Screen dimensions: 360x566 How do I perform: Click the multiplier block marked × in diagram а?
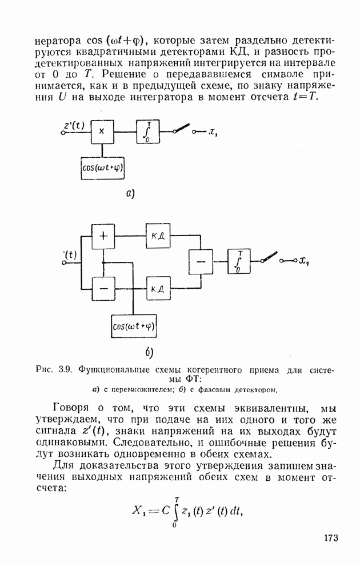pyautogui.click(x=102, y=132)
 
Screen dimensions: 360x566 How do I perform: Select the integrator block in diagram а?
pyautogui.click(x=148, y=132)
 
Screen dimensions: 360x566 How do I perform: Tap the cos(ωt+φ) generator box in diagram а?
pyautogui.click(x=103, y=168)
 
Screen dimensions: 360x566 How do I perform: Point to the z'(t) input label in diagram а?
pyautogui.click(x=74, y=125)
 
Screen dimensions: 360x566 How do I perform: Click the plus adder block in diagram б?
pyautogui.click(x=103, y=237)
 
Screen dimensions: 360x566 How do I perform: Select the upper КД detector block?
pyautogui.click(x=158, y=236)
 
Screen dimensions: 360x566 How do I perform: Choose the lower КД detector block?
pyautogui.click(x=158, y=288)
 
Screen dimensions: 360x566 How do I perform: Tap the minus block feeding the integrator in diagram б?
pyautogui.click(x=201, y=262)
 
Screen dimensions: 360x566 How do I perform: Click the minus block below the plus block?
pyautogui.click(x=103, y=289)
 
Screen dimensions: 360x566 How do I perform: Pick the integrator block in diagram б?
pyautogui.click(x=239, y=261)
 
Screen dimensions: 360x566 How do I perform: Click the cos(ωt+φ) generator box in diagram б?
pyautogui.click(x=134, y=326)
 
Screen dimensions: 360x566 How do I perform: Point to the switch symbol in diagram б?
pyautogui.click(x=269, y=257)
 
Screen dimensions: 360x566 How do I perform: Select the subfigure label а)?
pyautogui.click(x=131, y=194)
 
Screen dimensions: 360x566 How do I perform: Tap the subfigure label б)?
pyautogui.click(x=150, y=353)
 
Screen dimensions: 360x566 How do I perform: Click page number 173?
pyautogui.click(x=331, y=538)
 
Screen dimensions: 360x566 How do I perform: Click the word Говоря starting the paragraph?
pyautogui.click(x=70, y=409)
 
